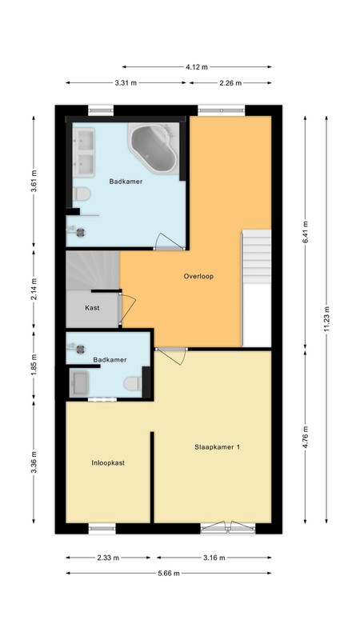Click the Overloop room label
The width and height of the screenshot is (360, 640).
coord(198,276)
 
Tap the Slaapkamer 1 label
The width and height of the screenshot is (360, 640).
coord(217,447)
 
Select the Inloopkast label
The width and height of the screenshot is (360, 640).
coord(108,463)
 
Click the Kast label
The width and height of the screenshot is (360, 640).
coord(92,308)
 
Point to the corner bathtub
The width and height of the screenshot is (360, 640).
coord(154,148)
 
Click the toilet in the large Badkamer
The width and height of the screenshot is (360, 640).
coord(82,194)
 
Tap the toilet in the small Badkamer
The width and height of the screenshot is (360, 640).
coord(133,383)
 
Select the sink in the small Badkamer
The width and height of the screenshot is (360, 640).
coord(78,384)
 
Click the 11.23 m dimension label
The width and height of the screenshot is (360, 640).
coord(326,319)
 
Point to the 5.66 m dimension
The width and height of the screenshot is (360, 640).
coord(169,573)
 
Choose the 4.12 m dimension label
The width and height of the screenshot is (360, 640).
coord(197,67)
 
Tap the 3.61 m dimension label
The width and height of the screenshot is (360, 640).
coord(34,181)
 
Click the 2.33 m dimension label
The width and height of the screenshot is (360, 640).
coord(108,558)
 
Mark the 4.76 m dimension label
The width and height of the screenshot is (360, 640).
coord(306,437)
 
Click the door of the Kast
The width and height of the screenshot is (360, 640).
coord(127,309)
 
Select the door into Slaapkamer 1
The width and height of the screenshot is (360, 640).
coord(171,356)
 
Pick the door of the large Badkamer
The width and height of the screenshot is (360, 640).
coord(170,242)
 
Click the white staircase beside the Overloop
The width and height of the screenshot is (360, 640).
coord(257,256)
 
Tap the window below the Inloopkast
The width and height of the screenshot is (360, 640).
coord(102,530)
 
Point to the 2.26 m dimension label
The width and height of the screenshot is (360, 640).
coord(230,83)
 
